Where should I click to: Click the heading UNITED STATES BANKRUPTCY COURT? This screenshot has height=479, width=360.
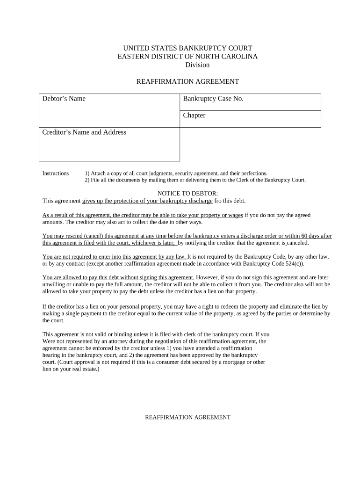click(x=187, y=48)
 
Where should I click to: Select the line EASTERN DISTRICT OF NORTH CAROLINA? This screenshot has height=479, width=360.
click(x=187, y=57)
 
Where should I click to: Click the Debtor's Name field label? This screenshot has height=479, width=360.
click(x=64, y=99)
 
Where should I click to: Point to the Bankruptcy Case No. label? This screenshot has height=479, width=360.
click(x=213, y=99)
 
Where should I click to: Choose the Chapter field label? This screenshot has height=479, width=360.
click(x=194, y=115)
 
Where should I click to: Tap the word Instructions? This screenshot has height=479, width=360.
click(x=56, y=173)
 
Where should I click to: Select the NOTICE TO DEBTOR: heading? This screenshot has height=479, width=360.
click(x=187, y=194)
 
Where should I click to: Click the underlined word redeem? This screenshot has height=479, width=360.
click(x=229, y=306)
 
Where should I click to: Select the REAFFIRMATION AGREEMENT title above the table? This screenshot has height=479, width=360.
click(x=187, y=81)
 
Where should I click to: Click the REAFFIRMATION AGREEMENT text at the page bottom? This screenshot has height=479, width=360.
click(x=187, y=417)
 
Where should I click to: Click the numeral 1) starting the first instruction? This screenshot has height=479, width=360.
click(x=87, y=173)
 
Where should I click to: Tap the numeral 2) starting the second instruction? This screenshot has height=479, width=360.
click(x=87, y=180)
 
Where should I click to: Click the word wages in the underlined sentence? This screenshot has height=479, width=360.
click(x=236, y=215)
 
